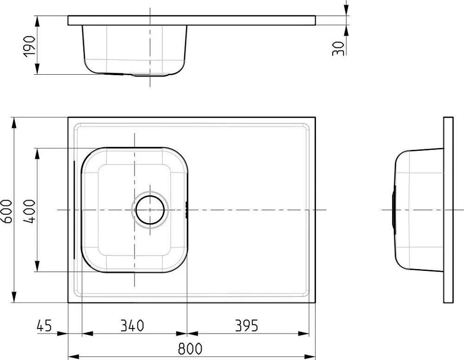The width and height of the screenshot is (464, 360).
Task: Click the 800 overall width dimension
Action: (190, 349)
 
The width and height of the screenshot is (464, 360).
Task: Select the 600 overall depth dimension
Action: (6, 211)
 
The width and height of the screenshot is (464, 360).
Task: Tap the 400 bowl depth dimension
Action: (29, 211)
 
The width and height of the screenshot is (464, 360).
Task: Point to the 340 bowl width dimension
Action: (132, 325)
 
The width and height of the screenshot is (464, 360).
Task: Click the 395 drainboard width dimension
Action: (246, 325)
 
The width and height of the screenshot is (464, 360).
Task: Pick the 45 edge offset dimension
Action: (44, 325)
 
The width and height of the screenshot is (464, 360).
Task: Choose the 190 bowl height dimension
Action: (29, 46)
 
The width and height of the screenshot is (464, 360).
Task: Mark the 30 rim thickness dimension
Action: (338, 49)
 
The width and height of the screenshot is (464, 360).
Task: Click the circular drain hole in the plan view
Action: (150, 210)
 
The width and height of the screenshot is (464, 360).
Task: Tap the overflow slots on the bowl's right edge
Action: (187, 210)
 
